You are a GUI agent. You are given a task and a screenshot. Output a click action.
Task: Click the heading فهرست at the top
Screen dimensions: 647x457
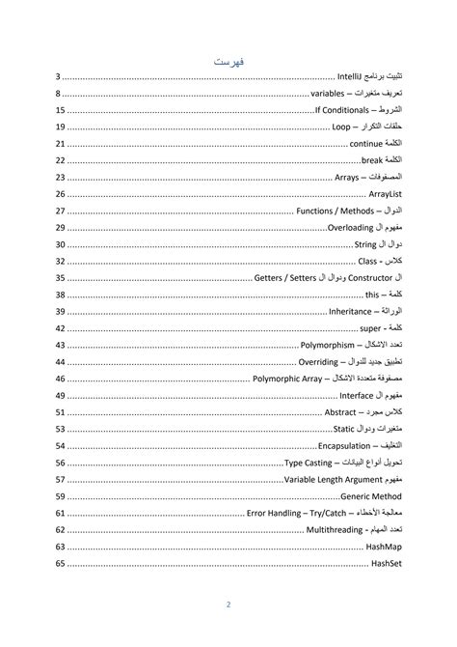pos(228,61)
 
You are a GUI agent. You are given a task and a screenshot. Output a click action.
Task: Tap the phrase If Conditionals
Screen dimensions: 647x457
pos(344,110)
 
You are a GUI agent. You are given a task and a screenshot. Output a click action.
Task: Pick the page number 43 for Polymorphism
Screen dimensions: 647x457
pos(61,345)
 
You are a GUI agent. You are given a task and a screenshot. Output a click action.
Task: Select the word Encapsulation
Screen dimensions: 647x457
pos(345,445)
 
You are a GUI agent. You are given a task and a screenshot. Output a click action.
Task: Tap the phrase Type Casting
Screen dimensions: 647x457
pos(310,462)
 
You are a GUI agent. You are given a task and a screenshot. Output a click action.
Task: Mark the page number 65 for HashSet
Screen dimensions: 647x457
pos(61,563)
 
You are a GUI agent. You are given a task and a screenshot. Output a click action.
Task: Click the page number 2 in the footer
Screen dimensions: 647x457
pos(228,605)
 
